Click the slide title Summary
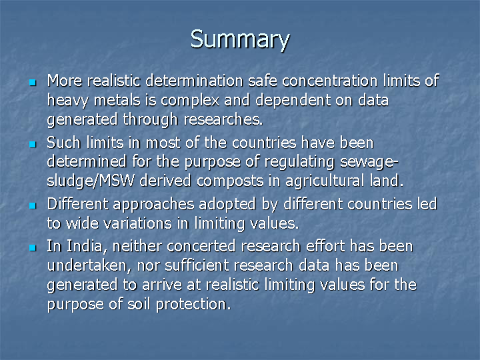point(240,40)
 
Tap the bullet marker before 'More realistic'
point(33,83)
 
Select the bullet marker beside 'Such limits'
point(33,144)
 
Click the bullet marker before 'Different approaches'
point(33,205)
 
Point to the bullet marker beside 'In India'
point(33,247)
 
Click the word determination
point(195,81)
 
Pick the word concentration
point(330,81)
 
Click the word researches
point(223,119)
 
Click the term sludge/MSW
point(91,181)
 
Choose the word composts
point(230,181)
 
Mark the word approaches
point(153,205)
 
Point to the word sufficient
point(197,265)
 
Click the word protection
point(193,304)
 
